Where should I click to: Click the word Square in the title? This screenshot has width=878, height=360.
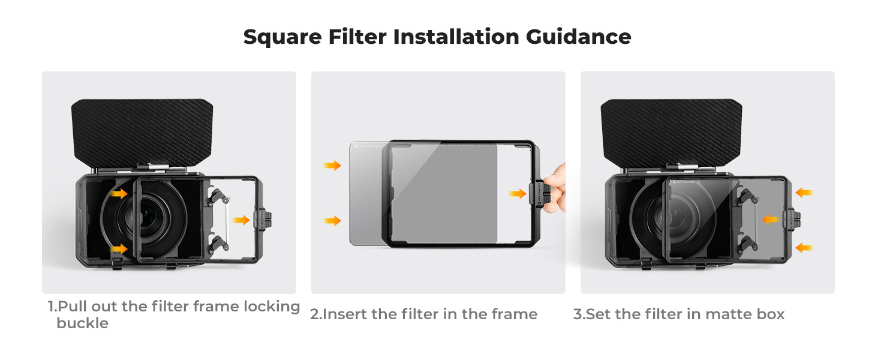(282, 38)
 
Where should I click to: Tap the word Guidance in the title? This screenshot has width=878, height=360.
(579, 37)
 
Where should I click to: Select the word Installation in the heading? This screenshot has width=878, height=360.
(456, 37)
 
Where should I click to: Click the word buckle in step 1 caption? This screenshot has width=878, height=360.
(82, 323)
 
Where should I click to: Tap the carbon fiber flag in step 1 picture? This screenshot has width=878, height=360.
(142, 133)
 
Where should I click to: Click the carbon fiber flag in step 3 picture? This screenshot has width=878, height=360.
(671, 133)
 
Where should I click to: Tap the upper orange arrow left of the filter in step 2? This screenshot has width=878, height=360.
(332, 166)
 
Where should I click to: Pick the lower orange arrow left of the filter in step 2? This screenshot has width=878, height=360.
(332, 221)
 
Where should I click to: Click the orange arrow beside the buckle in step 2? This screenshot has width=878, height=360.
(518, 193)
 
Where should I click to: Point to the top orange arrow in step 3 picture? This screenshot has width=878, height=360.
(804, 193)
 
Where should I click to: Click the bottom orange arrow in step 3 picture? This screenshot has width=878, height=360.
(804, 248)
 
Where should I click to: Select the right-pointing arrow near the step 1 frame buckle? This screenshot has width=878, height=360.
(241, 220)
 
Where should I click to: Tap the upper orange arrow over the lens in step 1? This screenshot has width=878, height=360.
(119, 193)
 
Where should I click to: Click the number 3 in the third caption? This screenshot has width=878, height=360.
(577, 314)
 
